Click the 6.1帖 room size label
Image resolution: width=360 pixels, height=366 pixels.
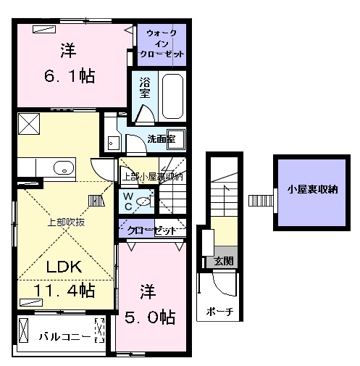pyautogui.click(x=67, y=75)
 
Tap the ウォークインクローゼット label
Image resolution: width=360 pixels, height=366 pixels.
pyautogui.click(x=165, y=43)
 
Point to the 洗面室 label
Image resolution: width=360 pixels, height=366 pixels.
pyautogui.click(x=160, y=138)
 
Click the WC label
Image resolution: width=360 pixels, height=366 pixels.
pyautogui.click(x=127, y=200)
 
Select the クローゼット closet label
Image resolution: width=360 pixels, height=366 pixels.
pyautogui.click(x=151, y=230)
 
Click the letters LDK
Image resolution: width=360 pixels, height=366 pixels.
pyautogui.click(x=64, y=267)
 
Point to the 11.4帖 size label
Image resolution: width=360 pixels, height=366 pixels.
pyautogui.click(x=64, y=291)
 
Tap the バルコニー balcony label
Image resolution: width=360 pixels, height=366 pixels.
pyautogui.click(x=65, y=337)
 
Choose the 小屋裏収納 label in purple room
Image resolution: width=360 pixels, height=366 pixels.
pyautogui.click(x=312, y=191)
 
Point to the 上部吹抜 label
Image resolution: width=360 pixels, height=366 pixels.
pyautogui.click(x=66, y=222)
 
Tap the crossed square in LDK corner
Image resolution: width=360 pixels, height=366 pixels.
pyautogui.click(x=29, y=124)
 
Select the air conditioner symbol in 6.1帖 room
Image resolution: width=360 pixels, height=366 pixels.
pyautogui.click(x=43, y=30)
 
